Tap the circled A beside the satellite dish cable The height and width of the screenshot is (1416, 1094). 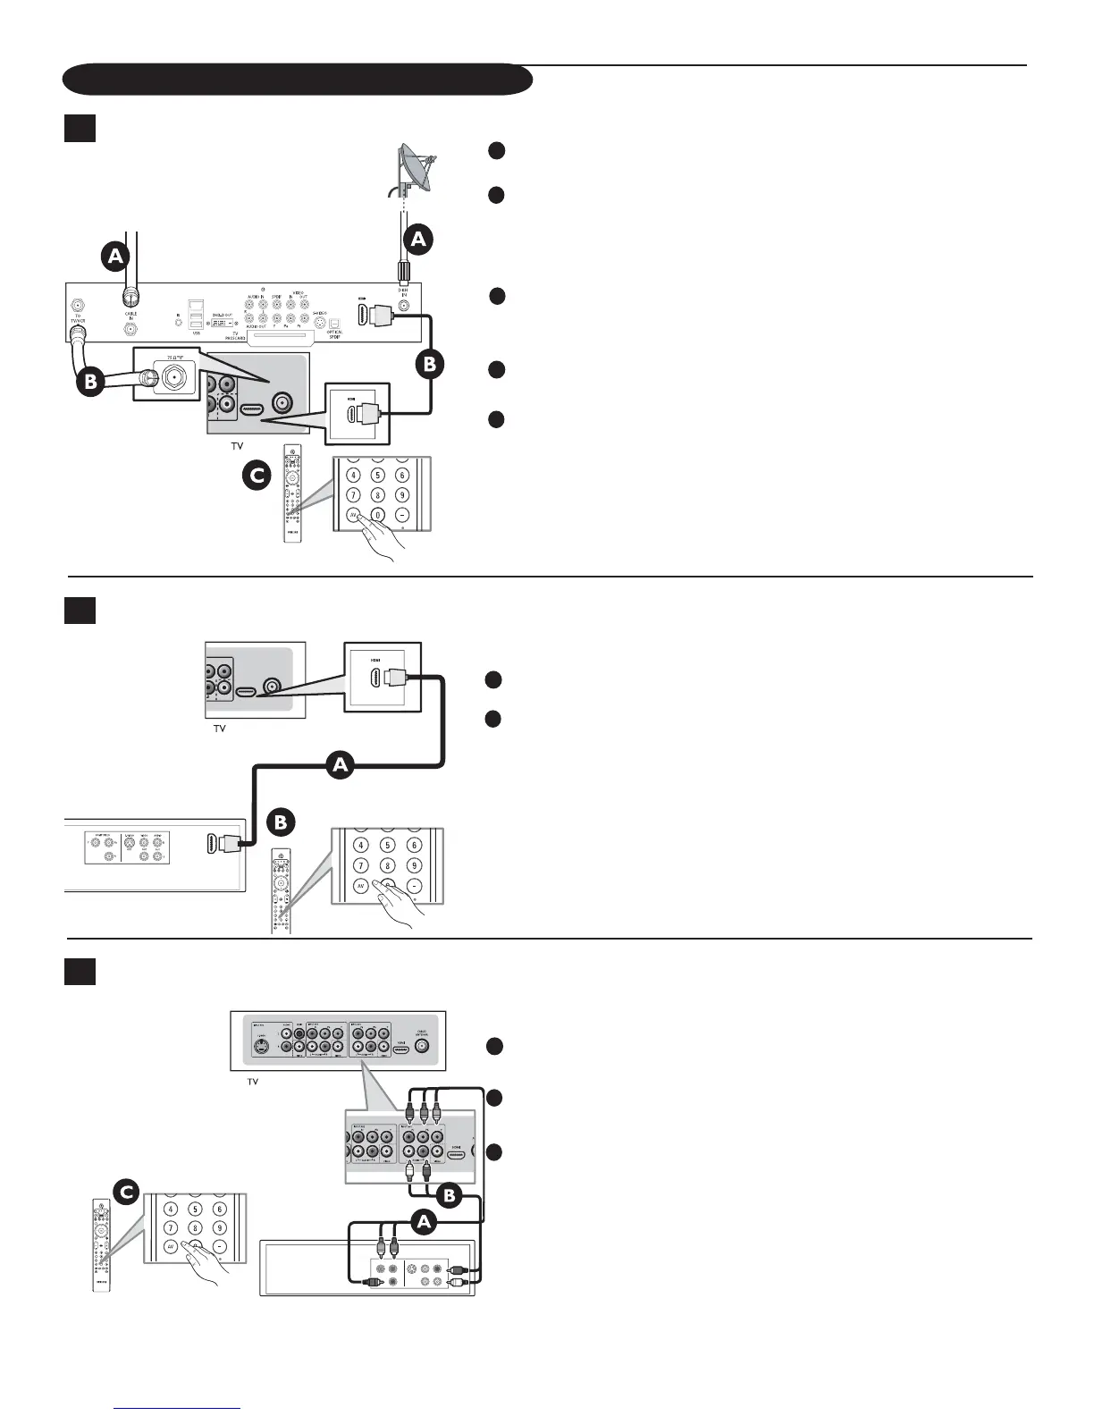click(x=417, y=239)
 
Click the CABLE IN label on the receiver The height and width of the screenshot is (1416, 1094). click(x=130, y=316)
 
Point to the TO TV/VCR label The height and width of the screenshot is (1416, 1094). click(x=78, y=318)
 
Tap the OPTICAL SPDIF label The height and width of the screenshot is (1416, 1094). click(x=334, y=334)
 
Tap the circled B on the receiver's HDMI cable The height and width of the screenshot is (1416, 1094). click(x=431, y=364)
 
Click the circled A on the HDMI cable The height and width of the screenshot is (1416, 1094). click(x=339, y=765)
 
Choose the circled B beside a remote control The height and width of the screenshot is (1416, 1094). click(x=281, y=821)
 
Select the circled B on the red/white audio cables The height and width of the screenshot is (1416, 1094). click(x=450, y=1194)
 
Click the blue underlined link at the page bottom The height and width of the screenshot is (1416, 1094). click(x=179, y=1407)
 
